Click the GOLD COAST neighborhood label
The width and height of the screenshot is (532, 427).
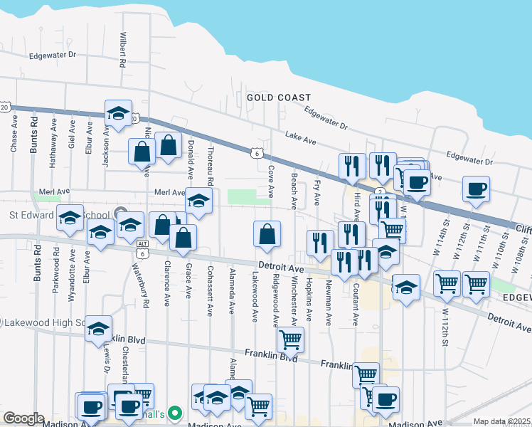[x=279, y=97]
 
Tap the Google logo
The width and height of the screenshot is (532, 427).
[x=23, y=418]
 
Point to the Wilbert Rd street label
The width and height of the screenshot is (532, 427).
[x=123, y=50]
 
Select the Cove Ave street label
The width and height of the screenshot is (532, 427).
[x=271, y=181]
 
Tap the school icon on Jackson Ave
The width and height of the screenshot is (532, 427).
[x=118, y=112]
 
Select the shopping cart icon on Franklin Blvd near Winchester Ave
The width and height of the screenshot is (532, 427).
[x=290, y=339]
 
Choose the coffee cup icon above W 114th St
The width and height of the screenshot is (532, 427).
[x=475, y=189]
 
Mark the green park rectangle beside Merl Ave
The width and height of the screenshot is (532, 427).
[x=248, y=196]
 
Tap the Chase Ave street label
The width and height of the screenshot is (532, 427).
[x=14, y=135]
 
